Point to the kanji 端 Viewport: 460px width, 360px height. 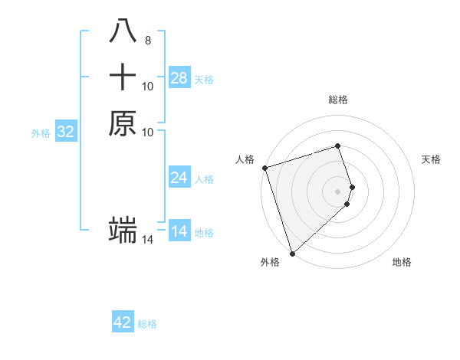[x=123, y=229]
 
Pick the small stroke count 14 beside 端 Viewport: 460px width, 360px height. [x=148, y=241]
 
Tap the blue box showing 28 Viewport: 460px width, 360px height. [x=179, y=78]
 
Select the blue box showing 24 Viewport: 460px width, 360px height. [x=179, y=178]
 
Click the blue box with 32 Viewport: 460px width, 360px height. [x=66, y=132]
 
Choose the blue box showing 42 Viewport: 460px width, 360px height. [x=123, y=322]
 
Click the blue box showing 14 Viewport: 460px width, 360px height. [x=179, y=231]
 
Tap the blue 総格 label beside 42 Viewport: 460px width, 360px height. [x=147, y=324]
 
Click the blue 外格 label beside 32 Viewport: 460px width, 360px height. [x=41, y=133]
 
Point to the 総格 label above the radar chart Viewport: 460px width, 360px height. [x=338, y=100]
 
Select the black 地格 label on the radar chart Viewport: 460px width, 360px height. [x=402, y=262]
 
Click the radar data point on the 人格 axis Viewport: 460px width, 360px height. [x=264, y=168]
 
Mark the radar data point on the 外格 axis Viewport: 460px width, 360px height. [x=292, y=253]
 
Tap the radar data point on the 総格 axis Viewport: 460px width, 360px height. [x=338, y=146]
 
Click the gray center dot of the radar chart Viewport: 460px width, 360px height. [x=338, y=191]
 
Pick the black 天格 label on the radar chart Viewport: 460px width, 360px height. [x=431, y=159]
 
